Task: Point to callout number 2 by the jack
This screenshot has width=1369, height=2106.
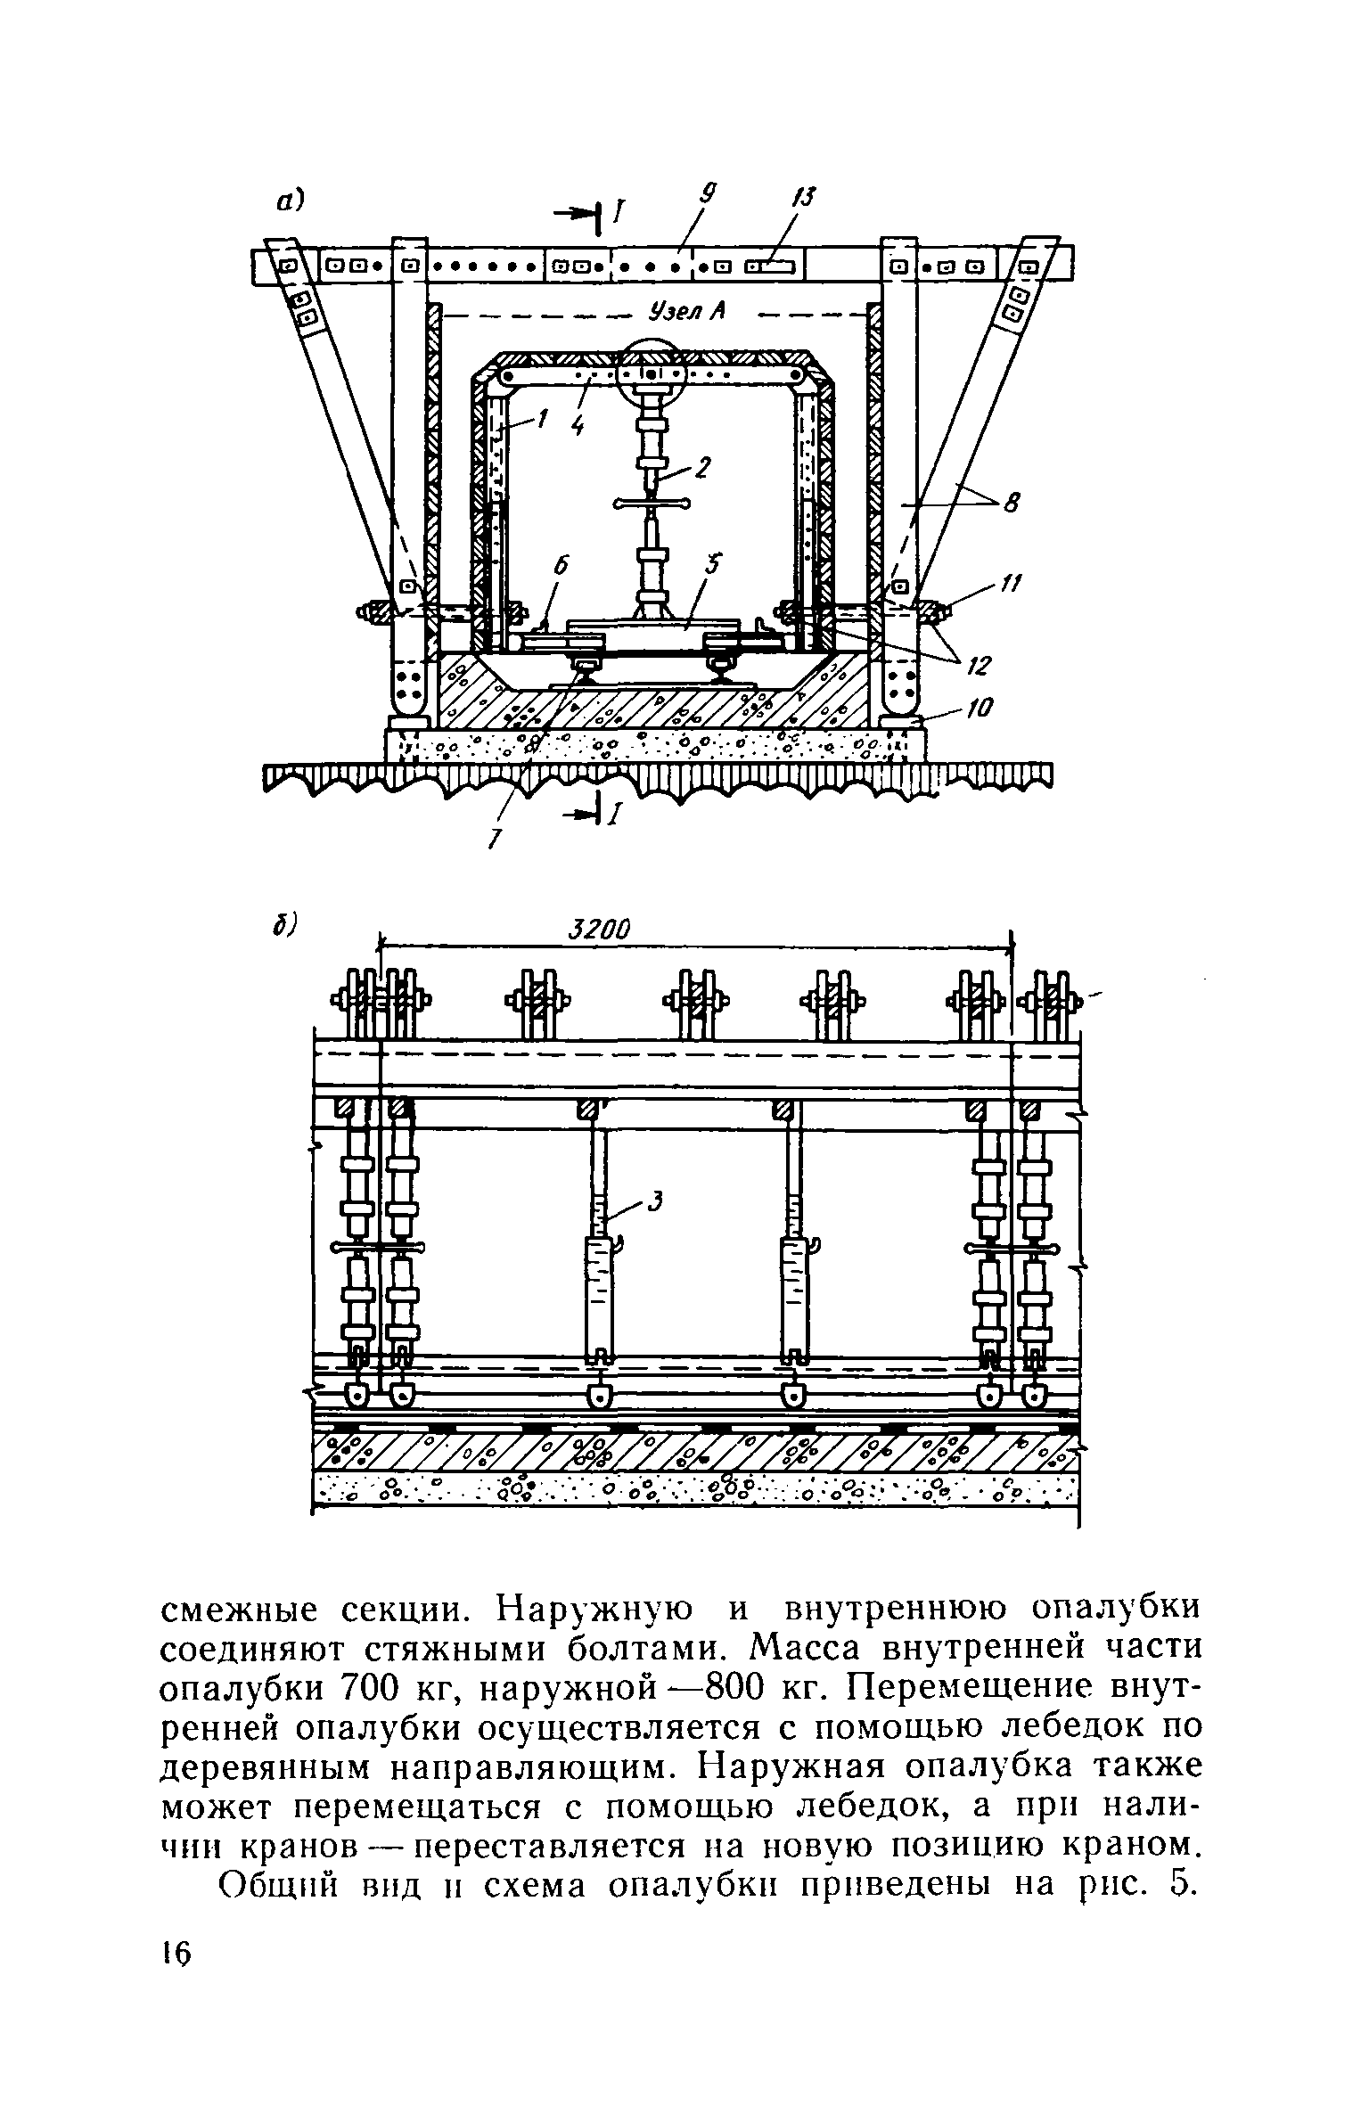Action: tap(703, 467)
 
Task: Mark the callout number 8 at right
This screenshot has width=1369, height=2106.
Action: tap(1010, 506)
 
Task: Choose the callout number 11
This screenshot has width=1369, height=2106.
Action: tap(1009, 583)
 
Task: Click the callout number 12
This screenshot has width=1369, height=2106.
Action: tap(980, 666)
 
